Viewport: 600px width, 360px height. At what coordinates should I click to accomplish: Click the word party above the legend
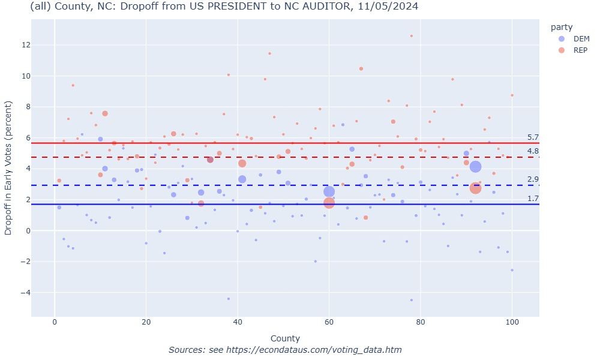[x=562, y=27]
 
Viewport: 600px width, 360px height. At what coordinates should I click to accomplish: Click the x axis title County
[x=285, y=338]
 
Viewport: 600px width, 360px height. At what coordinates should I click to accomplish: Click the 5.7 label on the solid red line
[x=533, y=137]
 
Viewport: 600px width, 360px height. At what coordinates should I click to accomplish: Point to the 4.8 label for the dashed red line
[x=533, y=151]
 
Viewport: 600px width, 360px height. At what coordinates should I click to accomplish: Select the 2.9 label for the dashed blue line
[x=533, y=179]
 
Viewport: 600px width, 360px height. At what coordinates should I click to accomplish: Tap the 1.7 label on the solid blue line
[x=533, y=199]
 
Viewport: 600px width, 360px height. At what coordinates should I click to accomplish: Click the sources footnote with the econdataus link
[x=285, y=350]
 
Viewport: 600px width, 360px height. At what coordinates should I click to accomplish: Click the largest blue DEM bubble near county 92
[x=476, y=167]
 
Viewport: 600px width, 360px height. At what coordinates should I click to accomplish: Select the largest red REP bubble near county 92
[x=476, y=188]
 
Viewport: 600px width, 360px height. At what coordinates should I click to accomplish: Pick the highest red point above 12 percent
[x=412, y=36]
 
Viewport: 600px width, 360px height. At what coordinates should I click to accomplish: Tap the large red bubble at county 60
[x=329, y=203]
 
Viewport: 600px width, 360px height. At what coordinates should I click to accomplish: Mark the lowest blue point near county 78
[x=412, y=300]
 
